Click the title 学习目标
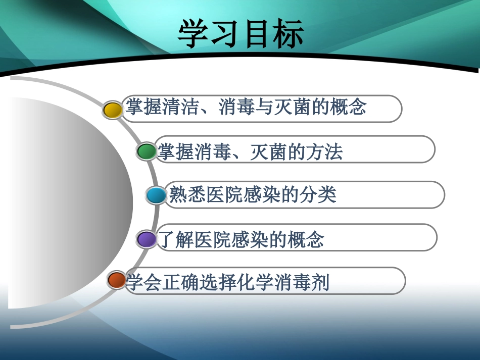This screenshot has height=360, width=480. [241, 34]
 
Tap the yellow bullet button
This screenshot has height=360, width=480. [112, 110]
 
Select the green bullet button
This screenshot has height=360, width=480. [147, 151]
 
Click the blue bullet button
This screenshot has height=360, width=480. [156, 195]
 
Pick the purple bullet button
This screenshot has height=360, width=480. [147, 239]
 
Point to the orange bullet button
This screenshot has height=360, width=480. [117, 280]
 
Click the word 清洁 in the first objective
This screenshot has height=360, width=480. [181, 108]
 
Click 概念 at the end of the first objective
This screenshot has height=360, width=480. [348, 108]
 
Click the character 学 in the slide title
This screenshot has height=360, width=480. [194, 34]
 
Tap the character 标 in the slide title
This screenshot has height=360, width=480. [287, 34]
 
